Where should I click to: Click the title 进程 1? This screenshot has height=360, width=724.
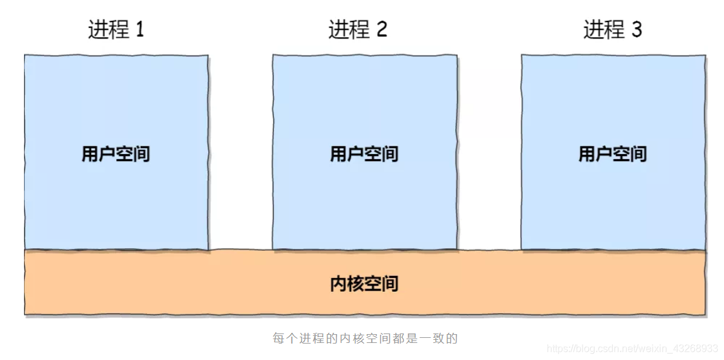(x=116, y=30)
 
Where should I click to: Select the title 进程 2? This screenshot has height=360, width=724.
(x=357, y=30)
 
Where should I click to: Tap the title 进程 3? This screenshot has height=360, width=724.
(x=612, y=30)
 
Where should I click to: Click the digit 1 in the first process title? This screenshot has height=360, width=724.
(x=139, y=30)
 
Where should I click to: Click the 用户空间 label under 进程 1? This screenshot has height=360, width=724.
(x=116, y=153)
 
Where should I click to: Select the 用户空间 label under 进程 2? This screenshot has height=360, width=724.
(x=364, y=153)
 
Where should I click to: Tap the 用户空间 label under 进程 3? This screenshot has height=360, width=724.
(x=613, y=153)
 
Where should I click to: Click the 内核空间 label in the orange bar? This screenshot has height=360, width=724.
(x=364, y=283)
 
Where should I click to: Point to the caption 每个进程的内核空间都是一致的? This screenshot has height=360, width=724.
(x=364, y=338)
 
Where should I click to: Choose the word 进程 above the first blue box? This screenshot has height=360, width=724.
(x=107, y=30)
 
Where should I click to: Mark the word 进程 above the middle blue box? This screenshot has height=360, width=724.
(x=348, y=30)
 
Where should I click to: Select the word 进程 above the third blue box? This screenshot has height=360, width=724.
(x=603, y=30)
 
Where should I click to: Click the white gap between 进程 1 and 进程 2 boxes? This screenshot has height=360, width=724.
(x=240, y=152)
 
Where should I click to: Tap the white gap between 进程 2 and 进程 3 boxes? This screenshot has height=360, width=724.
(x=489, y=152)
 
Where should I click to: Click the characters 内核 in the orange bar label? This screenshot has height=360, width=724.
(x=347, y=283)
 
